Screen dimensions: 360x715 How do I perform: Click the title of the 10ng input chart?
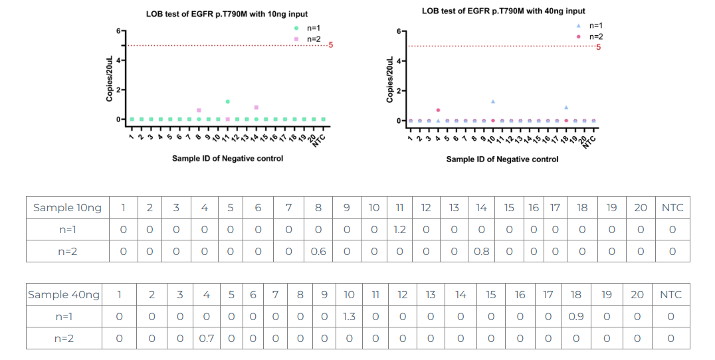coord(227,14)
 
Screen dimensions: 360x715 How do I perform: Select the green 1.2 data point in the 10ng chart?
coord(227,102)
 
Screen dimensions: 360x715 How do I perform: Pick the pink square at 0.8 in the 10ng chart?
coord(256,107)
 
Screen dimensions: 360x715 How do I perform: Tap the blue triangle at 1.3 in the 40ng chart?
coord(493,102)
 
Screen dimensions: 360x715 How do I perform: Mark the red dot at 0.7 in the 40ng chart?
coord(438,110)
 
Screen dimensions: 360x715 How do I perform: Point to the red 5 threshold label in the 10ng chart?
coord(330,45)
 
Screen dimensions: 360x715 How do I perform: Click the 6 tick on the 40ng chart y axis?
coord(398,31)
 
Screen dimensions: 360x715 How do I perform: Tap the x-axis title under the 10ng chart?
coord(227,158)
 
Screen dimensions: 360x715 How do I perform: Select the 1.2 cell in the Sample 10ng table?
coord(399,230)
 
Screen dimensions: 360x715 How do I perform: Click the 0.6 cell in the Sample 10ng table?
coord(318,252)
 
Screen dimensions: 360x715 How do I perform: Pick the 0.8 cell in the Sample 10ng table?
coord(481,252)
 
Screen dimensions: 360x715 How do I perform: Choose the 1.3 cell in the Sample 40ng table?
coord(350,317)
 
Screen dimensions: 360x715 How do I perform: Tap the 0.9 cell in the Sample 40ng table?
coord(575,317)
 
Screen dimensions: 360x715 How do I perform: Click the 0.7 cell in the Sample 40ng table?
coord(207,339)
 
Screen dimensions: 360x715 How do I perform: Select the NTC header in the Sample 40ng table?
coord(670,294)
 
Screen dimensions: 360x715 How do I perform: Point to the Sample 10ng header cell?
coord(68,208)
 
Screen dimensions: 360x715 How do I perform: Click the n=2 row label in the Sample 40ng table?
coord(64,339)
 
